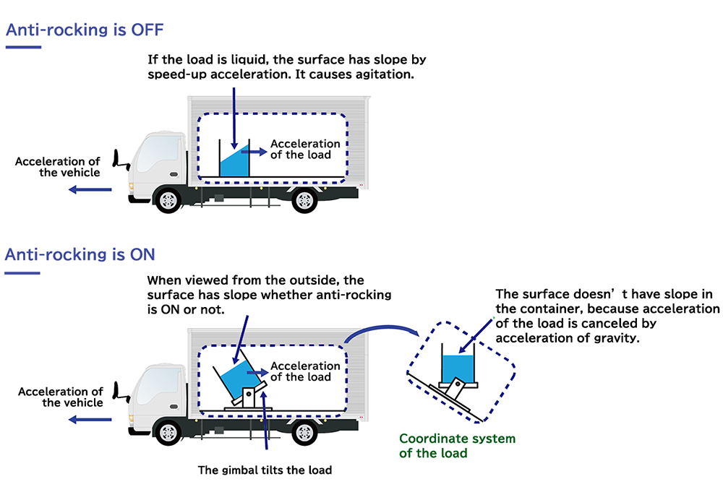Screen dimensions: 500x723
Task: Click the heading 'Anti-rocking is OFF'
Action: [x=85, y=30]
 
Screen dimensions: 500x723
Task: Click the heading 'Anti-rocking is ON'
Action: [x=80, y=255]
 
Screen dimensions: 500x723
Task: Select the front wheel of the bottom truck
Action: [x=168, y=433]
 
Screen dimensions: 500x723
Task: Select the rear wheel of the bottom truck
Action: [x=304, y=433]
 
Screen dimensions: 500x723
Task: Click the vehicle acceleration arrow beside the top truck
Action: [x=90, y=189]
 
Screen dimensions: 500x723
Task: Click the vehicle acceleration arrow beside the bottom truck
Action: [x=90, y=419]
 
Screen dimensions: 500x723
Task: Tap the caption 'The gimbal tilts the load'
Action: [x=265, y=470]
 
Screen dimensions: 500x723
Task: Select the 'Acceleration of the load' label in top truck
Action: [x=304, y=149]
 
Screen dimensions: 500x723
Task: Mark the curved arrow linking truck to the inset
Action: [x=383, y=327]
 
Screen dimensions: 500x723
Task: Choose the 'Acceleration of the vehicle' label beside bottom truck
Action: [x=61, y=397]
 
